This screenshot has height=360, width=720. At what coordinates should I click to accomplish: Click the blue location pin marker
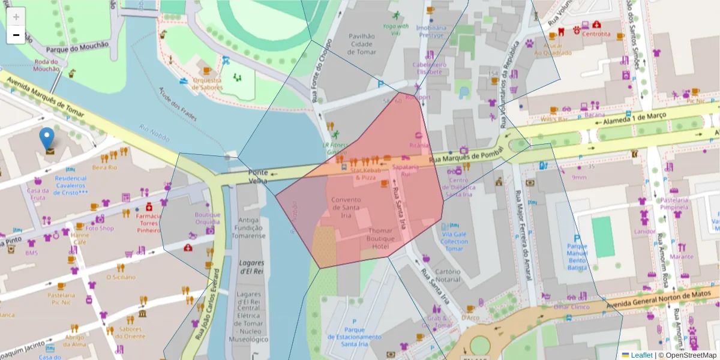pos(47,138)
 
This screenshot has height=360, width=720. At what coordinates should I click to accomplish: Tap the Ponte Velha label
pos(258,176)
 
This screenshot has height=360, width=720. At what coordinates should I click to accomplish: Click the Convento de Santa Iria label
pos(346,208)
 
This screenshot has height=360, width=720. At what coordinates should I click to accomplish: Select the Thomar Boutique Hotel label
pos(380,238)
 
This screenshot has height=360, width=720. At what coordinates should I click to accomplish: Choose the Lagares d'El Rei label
pos(252,267)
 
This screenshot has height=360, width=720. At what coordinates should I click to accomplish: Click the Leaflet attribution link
pos(641,355)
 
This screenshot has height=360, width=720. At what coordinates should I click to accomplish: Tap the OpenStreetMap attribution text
pos(687,355)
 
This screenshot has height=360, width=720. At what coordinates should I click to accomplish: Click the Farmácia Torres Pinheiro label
pos(148,223)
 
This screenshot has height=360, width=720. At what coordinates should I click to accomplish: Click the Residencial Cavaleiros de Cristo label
pos(71,185)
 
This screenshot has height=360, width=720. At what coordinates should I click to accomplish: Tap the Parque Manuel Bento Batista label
pos(577,256)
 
